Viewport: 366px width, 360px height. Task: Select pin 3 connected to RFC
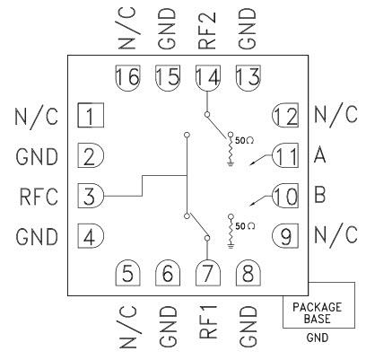click(91, 195)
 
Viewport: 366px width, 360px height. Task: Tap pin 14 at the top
click(208, 79)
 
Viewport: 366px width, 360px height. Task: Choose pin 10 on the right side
click(285, 195)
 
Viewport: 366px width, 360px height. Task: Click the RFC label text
click(38, 196)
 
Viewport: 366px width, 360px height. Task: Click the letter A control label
click(320, 156)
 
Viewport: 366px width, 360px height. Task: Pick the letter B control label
click(320, 195)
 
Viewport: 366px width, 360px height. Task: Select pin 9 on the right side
click(285, 235)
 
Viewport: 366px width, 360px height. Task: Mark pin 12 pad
click(285, 116)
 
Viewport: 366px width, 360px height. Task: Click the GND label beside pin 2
click(38, 156)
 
